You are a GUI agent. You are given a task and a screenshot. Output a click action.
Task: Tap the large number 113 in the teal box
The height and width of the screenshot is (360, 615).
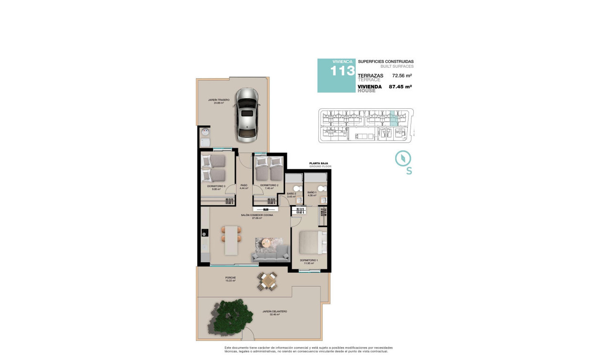[343, 71]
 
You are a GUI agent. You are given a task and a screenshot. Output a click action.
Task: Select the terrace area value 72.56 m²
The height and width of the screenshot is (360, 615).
[401, 75]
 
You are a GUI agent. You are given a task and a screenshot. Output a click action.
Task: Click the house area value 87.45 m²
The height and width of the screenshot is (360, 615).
[400, 87]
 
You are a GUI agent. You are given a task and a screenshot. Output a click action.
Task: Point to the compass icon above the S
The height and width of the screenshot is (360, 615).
[403, 158]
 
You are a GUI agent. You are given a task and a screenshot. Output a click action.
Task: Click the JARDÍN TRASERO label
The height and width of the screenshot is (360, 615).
[219, 100]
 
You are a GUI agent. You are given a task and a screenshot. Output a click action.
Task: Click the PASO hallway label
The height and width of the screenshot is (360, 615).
[244, 185]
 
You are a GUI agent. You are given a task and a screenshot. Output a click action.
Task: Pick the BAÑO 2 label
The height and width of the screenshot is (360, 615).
[292, 194]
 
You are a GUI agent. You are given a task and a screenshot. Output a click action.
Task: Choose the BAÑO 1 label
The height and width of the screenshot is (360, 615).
[312, 193]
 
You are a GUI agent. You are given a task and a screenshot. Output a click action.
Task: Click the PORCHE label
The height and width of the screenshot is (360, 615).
[231, 278]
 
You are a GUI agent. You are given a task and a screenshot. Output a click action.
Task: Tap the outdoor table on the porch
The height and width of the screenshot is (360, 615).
[267, 281]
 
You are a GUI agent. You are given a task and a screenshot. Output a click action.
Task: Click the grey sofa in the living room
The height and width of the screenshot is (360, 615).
[270, 253]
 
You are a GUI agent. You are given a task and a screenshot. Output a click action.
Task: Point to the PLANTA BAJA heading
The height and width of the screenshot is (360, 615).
[320, 163]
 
